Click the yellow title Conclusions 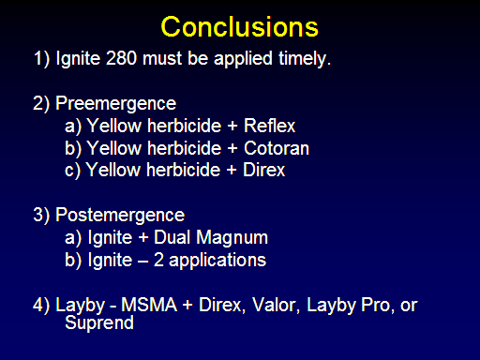[x=240, y=27]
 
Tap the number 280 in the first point [x=121, y=58]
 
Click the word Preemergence [x=115, y=104]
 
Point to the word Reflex [x=269, y=126]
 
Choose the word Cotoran [x=277, y=148]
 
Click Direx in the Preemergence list [x=263, y=170]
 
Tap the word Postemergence [x=120, y=216]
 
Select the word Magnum [x=232, y=238]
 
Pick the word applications [x=217, y=261]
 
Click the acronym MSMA [x=149, y=305]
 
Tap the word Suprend [x=99, y=323]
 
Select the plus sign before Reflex [x=232, y=127]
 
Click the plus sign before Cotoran [x=232, y=148]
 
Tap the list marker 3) [x=41, y=216]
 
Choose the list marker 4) [x=41, y=306]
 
